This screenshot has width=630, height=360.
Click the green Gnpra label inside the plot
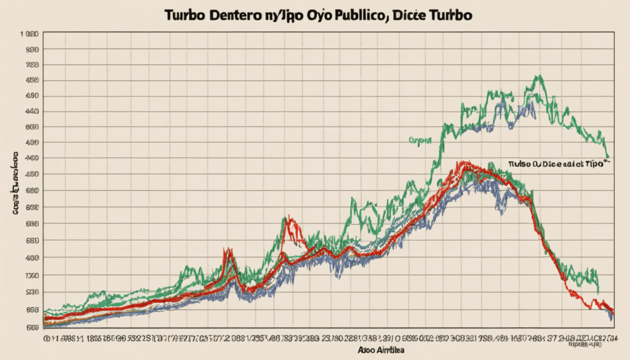click(x=418, y=140)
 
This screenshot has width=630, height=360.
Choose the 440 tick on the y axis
click(x=30, y=111)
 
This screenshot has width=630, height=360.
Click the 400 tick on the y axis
click(x=30, y=257)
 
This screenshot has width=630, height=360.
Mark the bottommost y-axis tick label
click(x=30, y=327)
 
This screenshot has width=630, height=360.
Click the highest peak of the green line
click(x=540, y=76)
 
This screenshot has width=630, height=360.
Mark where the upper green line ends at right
click(x=608, y=158)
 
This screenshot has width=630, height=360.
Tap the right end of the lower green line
click(x=598, y=292)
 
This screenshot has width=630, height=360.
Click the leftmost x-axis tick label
click(x=47, y=338)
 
